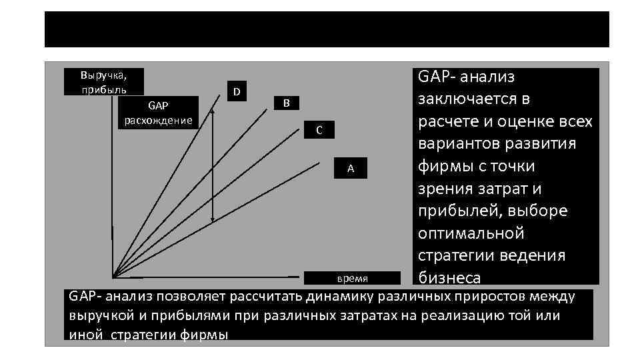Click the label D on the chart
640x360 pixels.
[x=237, y=91]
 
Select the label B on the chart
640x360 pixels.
[x=286, y=103]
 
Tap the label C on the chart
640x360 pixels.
[x=319, y=130]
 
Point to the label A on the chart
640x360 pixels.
[x=351, y=169]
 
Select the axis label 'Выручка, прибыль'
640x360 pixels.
[x=104, y=81]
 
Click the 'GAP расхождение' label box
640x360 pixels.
[x=159, y=112]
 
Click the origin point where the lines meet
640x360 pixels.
[x=114, y=276]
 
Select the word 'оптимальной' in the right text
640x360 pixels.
[x=471, y=234]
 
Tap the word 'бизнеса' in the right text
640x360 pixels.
[x=449, y=277]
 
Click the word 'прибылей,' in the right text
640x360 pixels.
[x=462, y=211]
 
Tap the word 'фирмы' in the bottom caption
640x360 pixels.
[x=204, y=334]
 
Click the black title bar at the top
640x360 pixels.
[x=327, y=29]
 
